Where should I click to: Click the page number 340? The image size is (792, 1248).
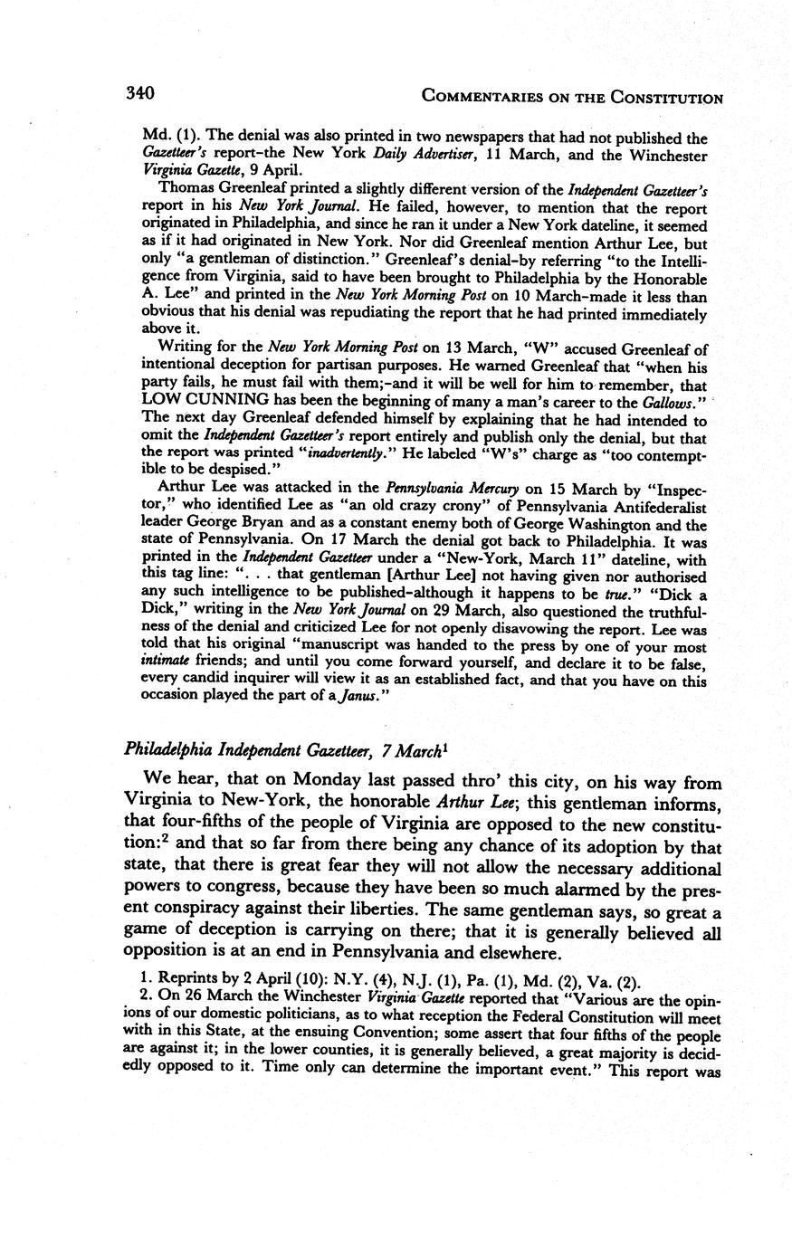pos(141,94)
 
